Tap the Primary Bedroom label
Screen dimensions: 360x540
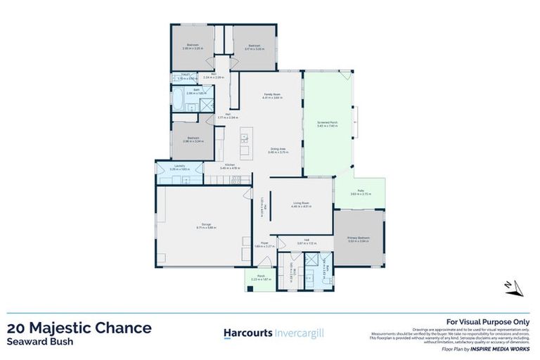359,239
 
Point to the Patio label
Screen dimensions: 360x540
360,192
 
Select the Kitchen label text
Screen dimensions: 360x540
230,167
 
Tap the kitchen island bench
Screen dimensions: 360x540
244,144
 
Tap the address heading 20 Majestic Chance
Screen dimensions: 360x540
79,328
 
